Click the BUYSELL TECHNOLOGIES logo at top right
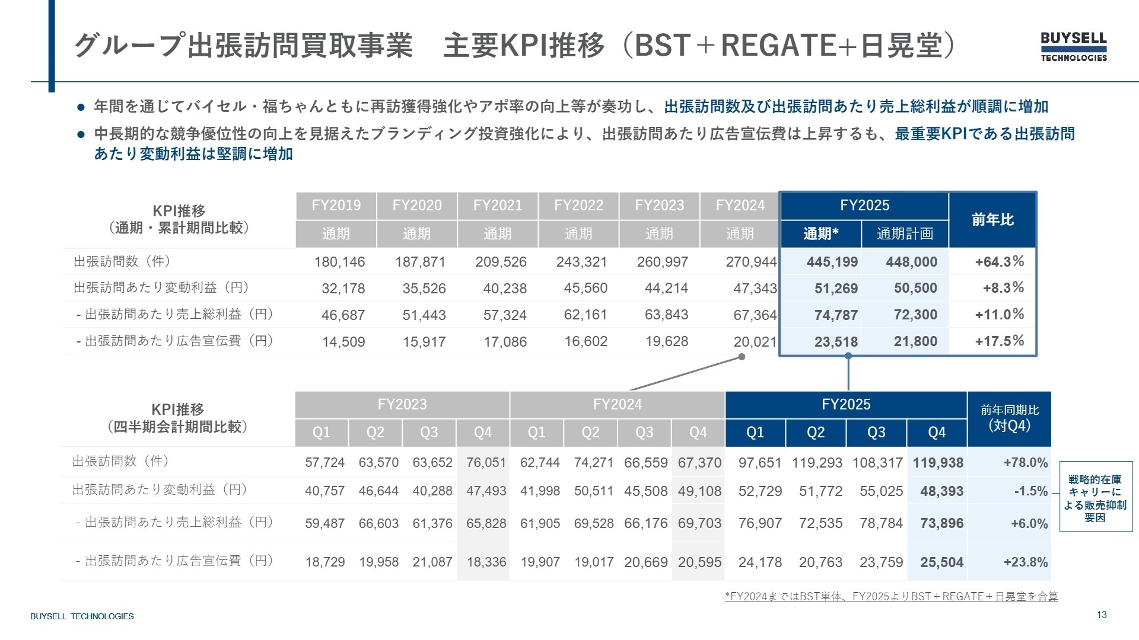1073,46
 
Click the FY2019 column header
336,206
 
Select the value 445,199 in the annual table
832,262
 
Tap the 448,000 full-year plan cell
911,262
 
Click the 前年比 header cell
992,220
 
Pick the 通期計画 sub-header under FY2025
905,234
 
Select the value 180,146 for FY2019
339,262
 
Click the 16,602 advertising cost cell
586,341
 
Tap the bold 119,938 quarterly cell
938,463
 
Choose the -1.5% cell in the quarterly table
1030,491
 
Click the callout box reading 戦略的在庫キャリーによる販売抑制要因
1095,497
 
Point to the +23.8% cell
1025,562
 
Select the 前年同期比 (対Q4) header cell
1009,418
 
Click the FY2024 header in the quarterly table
617,405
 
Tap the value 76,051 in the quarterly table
486,463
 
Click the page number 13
1102,615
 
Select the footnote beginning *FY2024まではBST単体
891,596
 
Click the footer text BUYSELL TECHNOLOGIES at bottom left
82,616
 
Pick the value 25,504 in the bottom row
941,562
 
